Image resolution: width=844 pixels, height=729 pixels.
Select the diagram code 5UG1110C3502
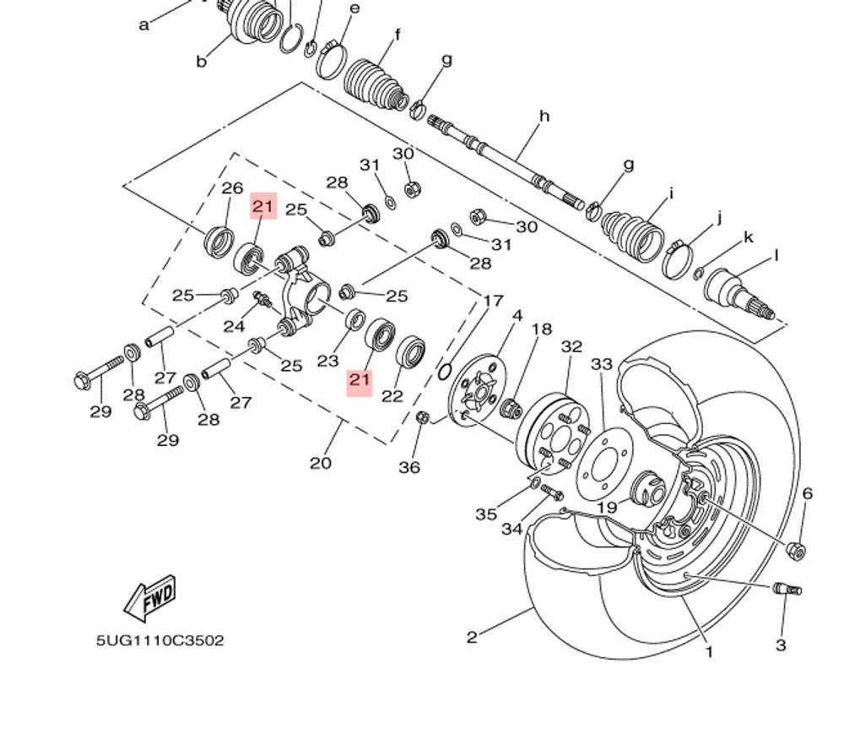click(160, 640)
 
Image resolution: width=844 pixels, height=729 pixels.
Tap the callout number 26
click(232, 188)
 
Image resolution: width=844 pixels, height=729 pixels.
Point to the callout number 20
click(321, 462)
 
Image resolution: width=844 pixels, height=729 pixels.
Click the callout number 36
click(409, 466)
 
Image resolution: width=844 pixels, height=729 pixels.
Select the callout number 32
click(571, 346)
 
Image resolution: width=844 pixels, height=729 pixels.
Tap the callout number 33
click(602, 364)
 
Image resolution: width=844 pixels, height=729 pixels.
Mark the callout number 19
click(607, 507)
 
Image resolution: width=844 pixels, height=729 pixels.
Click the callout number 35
click(486, 514)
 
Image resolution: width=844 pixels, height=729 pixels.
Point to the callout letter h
click(544, 116)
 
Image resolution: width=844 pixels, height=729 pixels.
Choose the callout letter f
click(397, 35)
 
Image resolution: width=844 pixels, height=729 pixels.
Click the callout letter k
click(748, 237)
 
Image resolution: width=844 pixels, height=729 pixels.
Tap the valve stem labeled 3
click(787, 589)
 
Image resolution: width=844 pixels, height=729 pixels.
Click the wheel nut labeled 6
click(795, 551)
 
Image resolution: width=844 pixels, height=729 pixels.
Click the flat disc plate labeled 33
click(604, 465)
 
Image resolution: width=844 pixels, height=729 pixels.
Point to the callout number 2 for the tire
click(472, 637)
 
